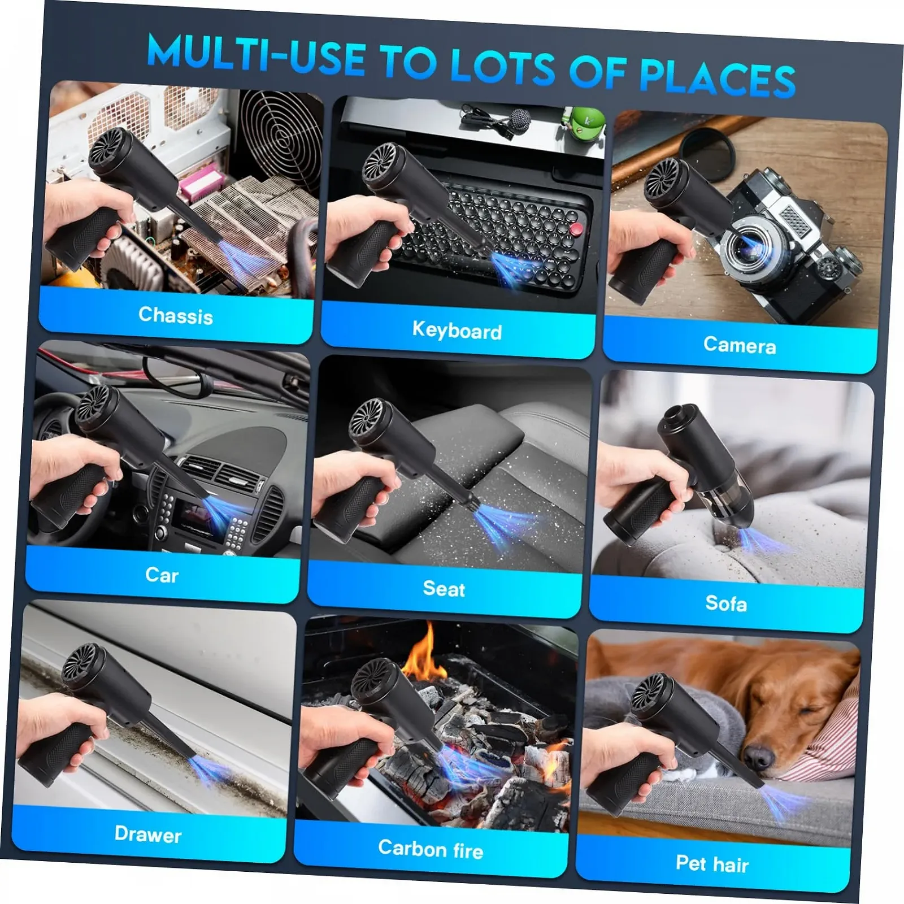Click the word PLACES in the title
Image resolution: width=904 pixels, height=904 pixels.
click(x=718, y=79)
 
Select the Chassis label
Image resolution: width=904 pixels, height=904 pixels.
click(x=176, y=315)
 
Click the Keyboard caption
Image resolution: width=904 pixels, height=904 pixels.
click(x=457, y=330)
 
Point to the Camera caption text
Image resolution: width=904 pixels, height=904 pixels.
click(x=740, y=345)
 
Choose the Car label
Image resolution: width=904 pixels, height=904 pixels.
click(x=162, y=575)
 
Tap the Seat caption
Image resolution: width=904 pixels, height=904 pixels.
click(x=444, y=589)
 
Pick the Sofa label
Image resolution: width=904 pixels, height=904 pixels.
click(x=726, y=603)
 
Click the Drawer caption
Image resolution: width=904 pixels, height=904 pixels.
click(x=148, y=834)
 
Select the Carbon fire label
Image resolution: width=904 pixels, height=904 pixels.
click(x=431, y=849)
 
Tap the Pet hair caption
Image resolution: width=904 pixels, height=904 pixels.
click(x=712, y=863)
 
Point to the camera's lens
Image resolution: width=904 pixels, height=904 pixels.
click(x=749, y=244)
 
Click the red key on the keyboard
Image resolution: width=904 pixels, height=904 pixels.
click(x=576, y=228)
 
